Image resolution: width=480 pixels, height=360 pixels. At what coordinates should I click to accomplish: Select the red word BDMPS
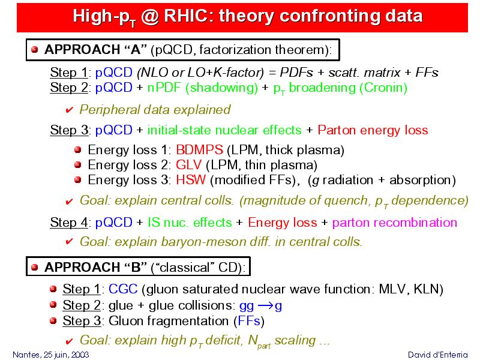[199, 149]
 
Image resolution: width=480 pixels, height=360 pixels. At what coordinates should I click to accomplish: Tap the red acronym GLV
[188, 164]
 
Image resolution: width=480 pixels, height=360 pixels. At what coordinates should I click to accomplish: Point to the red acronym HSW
[191, 179]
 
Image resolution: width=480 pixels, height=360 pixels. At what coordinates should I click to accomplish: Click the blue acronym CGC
[123, 289]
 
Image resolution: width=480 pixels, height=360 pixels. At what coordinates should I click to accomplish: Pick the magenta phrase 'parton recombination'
[395, 223]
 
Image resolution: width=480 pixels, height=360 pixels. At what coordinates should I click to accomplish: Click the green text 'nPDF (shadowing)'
[203, 88]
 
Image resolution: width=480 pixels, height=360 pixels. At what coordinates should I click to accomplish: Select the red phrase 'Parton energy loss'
[373, 130]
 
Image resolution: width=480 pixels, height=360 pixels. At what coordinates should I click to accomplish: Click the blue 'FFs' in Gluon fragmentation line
[249, 321]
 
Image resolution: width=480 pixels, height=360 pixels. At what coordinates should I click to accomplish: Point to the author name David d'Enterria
[438, 355]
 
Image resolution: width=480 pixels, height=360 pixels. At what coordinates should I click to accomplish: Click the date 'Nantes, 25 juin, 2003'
[51, 355]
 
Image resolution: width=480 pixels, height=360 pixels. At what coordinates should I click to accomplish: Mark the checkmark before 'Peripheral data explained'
[69, 110]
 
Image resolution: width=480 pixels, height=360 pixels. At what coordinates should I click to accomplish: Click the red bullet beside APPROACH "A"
[35, 49]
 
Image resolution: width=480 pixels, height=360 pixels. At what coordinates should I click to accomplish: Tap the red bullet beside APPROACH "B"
[35, 267]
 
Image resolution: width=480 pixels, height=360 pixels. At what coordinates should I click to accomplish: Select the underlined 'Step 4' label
[70, 223]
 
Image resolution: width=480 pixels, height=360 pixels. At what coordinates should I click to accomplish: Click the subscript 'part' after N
[264, 346]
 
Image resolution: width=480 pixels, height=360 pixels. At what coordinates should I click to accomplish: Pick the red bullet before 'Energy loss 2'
[78, 164]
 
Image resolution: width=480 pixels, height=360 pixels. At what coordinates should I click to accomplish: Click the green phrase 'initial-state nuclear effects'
[224, 130]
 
